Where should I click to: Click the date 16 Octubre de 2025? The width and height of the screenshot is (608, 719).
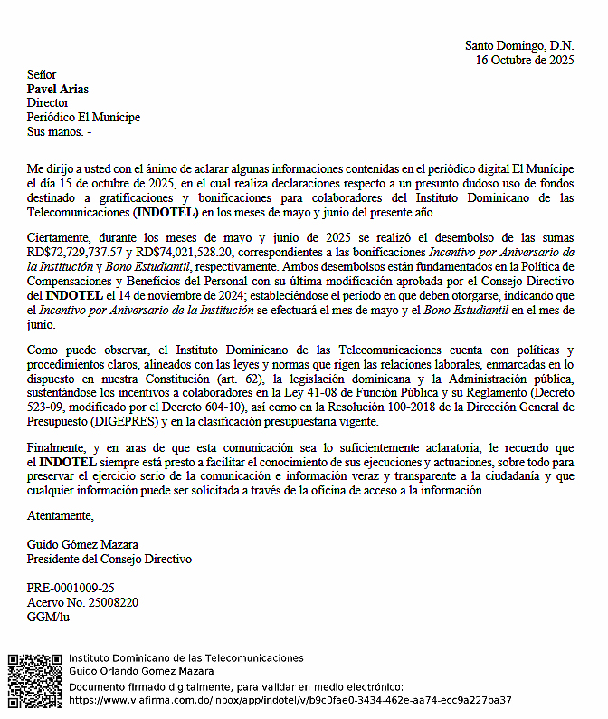pos(525,61)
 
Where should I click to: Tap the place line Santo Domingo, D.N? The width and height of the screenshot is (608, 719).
pos(519,45)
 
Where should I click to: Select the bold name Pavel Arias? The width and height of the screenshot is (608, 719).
pos(58,89)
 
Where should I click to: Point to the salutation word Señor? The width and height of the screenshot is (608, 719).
pos(42,74)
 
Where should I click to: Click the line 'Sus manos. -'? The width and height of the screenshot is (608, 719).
pos(59,132)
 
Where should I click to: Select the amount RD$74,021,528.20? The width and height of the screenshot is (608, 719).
pos(182,252)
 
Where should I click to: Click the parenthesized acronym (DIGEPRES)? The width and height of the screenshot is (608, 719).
pos(131,422)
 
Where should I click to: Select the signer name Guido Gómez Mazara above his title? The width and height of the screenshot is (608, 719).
pos(82,544)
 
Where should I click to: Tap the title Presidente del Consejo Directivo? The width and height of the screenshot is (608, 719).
pos(109,559)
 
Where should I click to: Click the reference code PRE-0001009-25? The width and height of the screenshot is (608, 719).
pos(71,588)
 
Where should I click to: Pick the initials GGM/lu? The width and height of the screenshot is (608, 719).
pos(48,617)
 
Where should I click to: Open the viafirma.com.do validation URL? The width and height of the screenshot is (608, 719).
pos(290,700)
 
